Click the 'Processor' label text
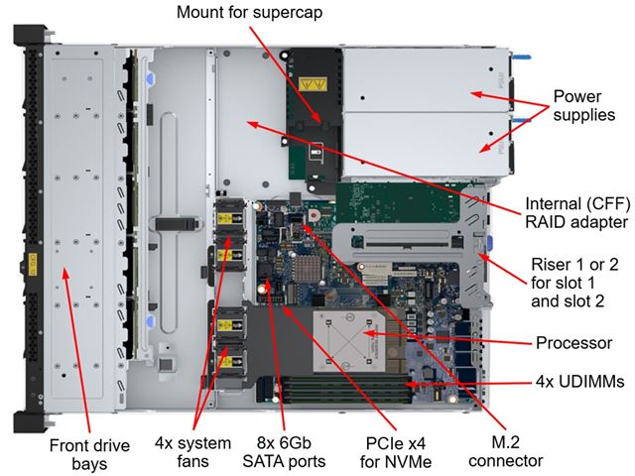(573, 343)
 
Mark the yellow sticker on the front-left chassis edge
(29, 264)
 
